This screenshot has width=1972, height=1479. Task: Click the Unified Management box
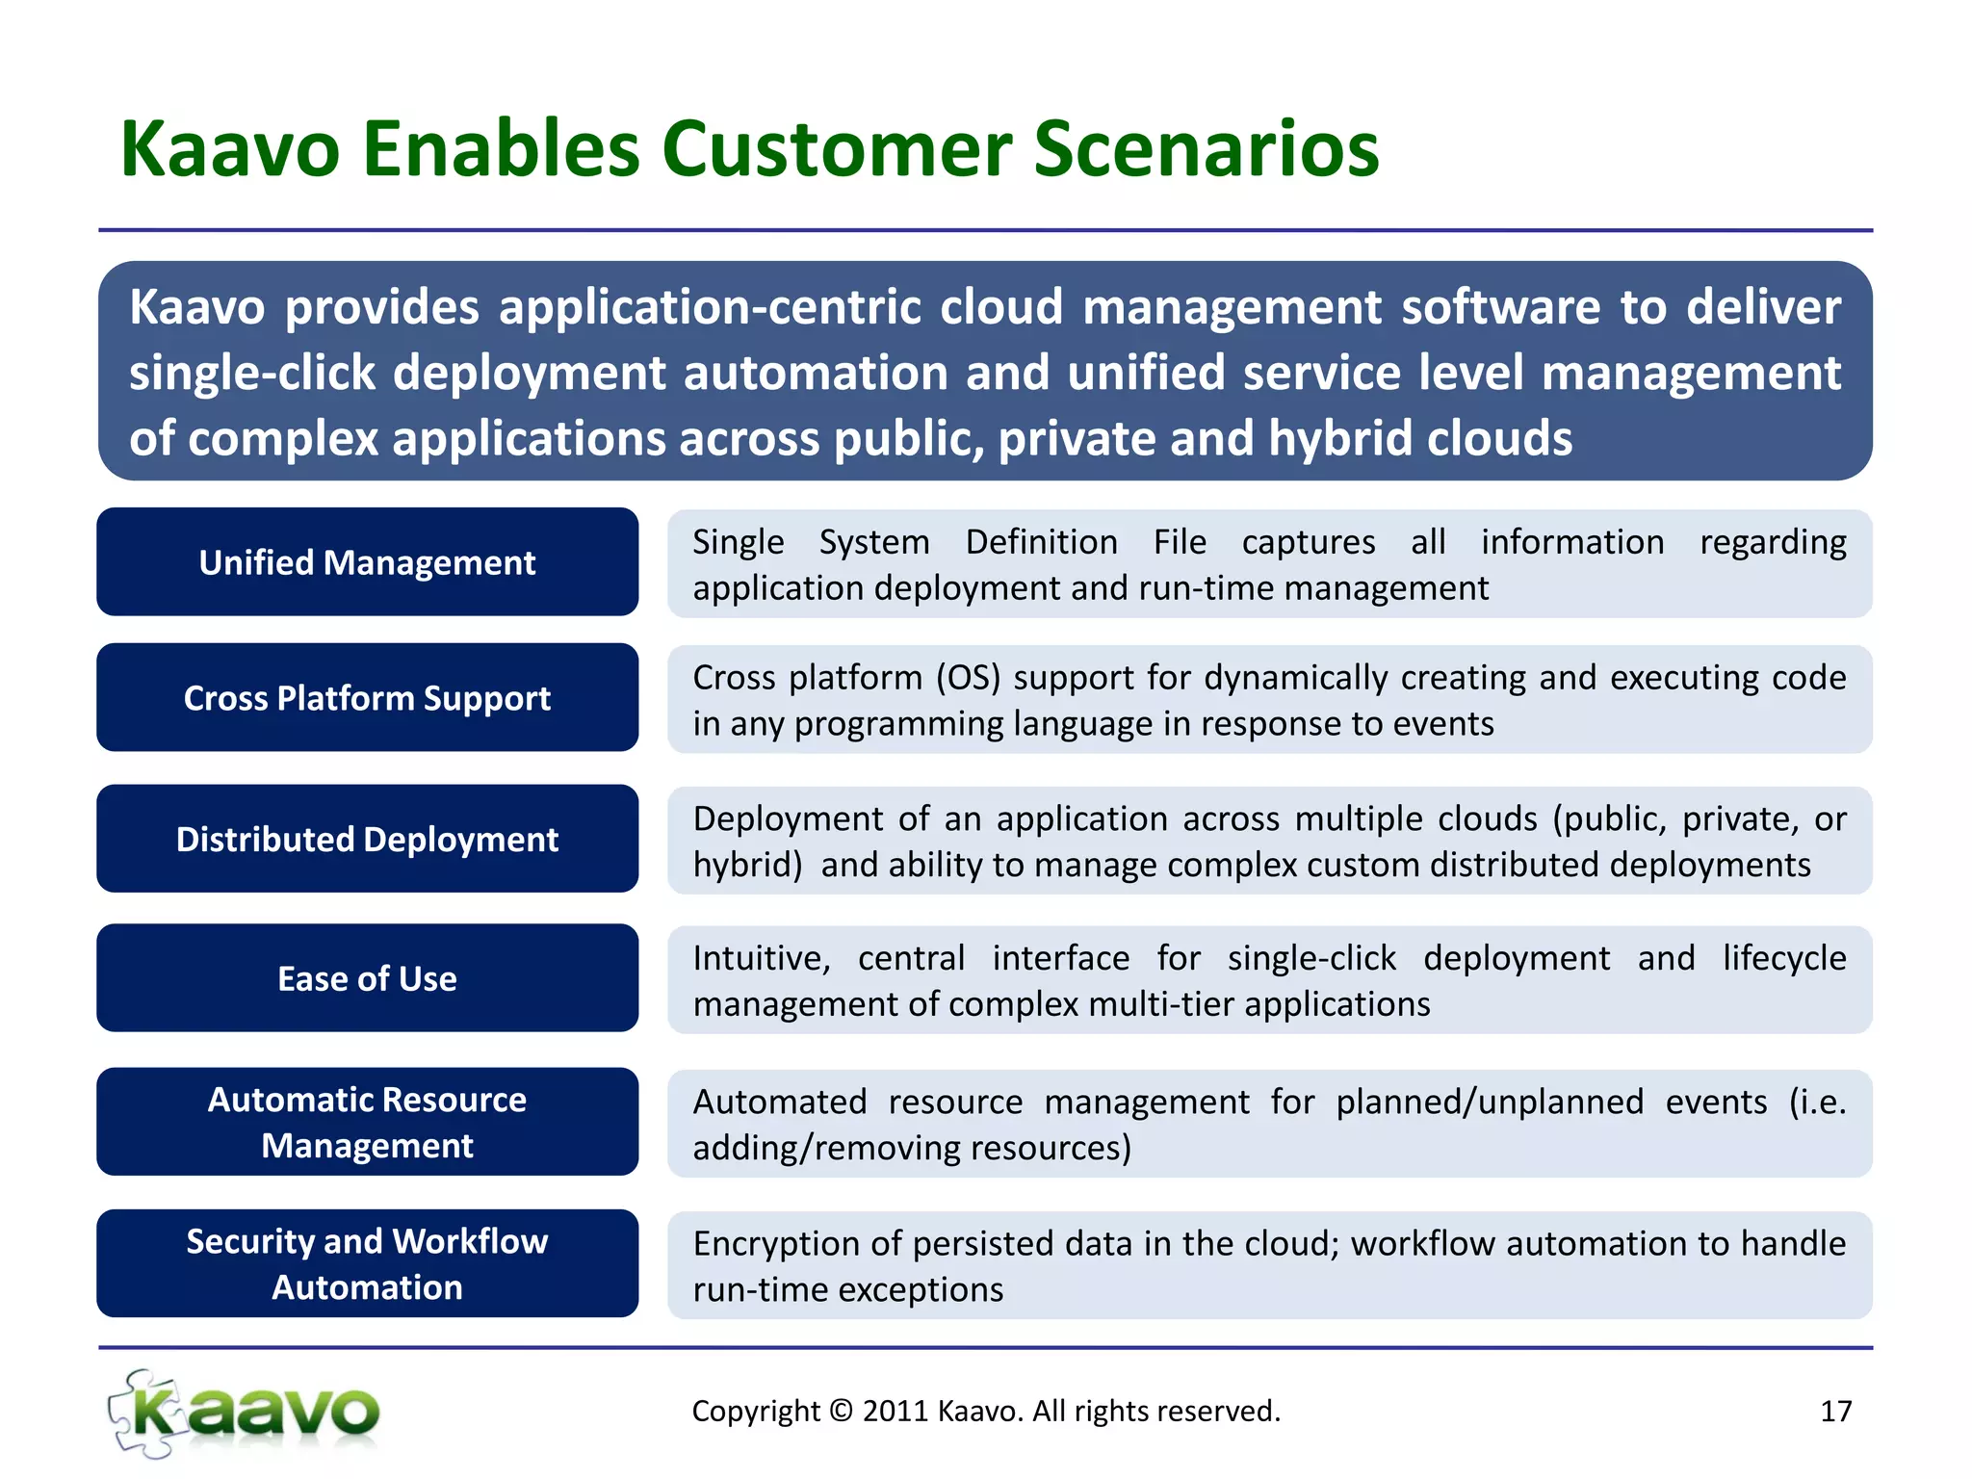pyautogui.click(x=367, y=562)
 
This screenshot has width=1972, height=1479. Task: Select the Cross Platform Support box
pyautogui.click(x=367, y=698)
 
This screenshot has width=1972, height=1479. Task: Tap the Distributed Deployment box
pyautogui.click(x=367, y=840)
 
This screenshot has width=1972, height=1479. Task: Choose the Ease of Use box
pyautogui.click(x=367, y=979)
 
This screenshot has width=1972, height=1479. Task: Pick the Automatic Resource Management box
pyautogui.click(x=367, y=1123)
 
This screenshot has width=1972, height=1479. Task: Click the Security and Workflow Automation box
pyautogui.click(x=367, y=1264)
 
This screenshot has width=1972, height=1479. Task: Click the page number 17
pyautogui.click(x=1835, y=1412)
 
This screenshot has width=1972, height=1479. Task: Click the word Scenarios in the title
pyautogui.click(x=1207, y=149)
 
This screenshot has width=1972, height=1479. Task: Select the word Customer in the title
pyautogui.click(x=837, y=149)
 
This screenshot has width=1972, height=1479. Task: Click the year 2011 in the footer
pyautogui.click(x=895, y=1412)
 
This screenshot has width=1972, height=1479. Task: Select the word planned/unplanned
pyautogui.click(x=1490, y=1102)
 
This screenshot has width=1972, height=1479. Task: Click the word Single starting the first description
pyautogui.click(x=739, y=542)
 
